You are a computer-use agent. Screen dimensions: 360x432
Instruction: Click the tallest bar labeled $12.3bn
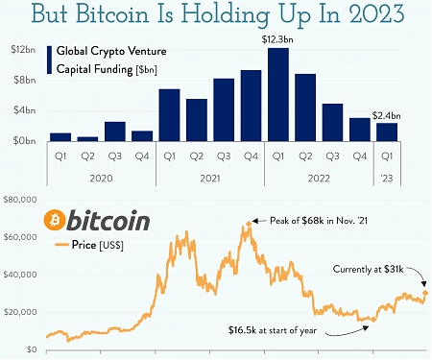click(x=278, y=95)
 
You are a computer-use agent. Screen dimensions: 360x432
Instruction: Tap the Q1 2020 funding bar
click(x=60, y=137)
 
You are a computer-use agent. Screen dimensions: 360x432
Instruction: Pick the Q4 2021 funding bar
click(x=251, y=106)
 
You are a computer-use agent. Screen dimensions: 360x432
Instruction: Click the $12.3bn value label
click(x=278, y=38)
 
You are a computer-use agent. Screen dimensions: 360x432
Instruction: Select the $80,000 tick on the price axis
click(x=22, y=200)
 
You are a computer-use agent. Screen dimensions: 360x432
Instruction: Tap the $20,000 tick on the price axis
click(x=22, y=312)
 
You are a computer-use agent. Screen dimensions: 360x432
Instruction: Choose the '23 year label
click(x=386, y=178)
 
